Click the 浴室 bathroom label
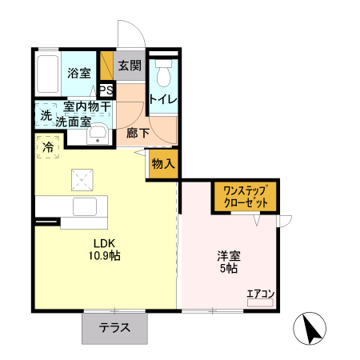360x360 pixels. click(x=78, y=74)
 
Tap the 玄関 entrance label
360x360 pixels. click(x=129, y=66)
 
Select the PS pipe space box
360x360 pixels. click(x=106, y=90)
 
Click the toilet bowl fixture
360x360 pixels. click(x=163, y=76)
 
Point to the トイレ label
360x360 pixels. click(x=163, y=99)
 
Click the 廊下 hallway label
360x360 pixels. click(x=138, y=134)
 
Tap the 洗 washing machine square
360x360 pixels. click(x=46, y=116)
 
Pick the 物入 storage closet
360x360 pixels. click(x=162, y=164)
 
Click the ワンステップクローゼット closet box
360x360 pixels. click(x=245, y=196)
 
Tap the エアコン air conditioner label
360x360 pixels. click(x=260, y=294)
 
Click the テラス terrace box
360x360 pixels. click(x=115, y=328)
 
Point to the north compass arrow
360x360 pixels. click(x=312, y=329)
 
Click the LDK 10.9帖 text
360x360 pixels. click(x=106, y=250)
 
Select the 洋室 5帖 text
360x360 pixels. click(x=228, y=262)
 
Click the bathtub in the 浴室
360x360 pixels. click(x=48, y=74)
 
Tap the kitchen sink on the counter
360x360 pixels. click(x=84, y=206)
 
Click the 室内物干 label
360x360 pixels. click(x=87, y=106)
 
